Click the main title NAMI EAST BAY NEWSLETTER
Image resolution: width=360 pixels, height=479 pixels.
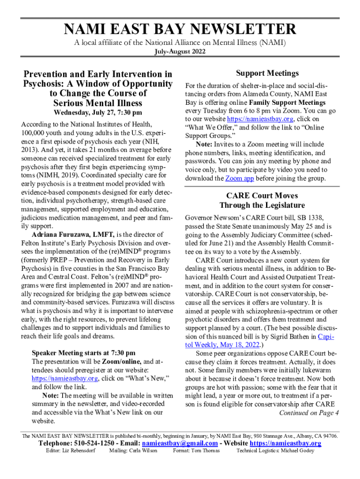click(x=180, y=29)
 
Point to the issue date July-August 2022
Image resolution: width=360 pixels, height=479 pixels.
click(x=180, y=52)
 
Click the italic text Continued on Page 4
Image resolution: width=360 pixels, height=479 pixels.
click(x=309, y=413)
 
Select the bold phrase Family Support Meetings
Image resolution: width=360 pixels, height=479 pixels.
click(x=288, y=102)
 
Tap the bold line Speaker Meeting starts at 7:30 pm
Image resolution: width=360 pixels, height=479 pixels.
click(x=84, y=353)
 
